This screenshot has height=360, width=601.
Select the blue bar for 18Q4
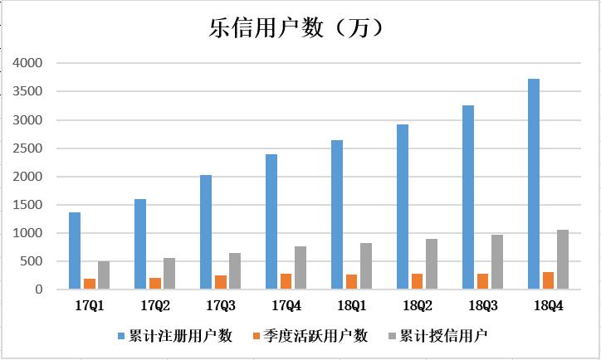534,184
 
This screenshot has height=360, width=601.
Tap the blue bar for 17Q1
75,251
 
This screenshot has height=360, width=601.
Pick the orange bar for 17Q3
221,282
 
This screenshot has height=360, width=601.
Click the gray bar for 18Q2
432,264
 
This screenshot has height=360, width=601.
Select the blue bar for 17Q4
271,221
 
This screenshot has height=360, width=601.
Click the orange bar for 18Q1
351,282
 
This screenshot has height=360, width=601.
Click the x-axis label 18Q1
351,305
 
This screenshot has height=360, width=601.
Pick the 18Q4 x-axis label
548,305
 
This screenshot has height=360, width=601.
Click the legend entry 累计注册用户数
186,336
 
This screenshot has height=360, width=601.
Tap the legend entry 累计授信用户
441,336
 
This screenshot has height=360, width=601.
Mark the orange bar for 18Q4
548,280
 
